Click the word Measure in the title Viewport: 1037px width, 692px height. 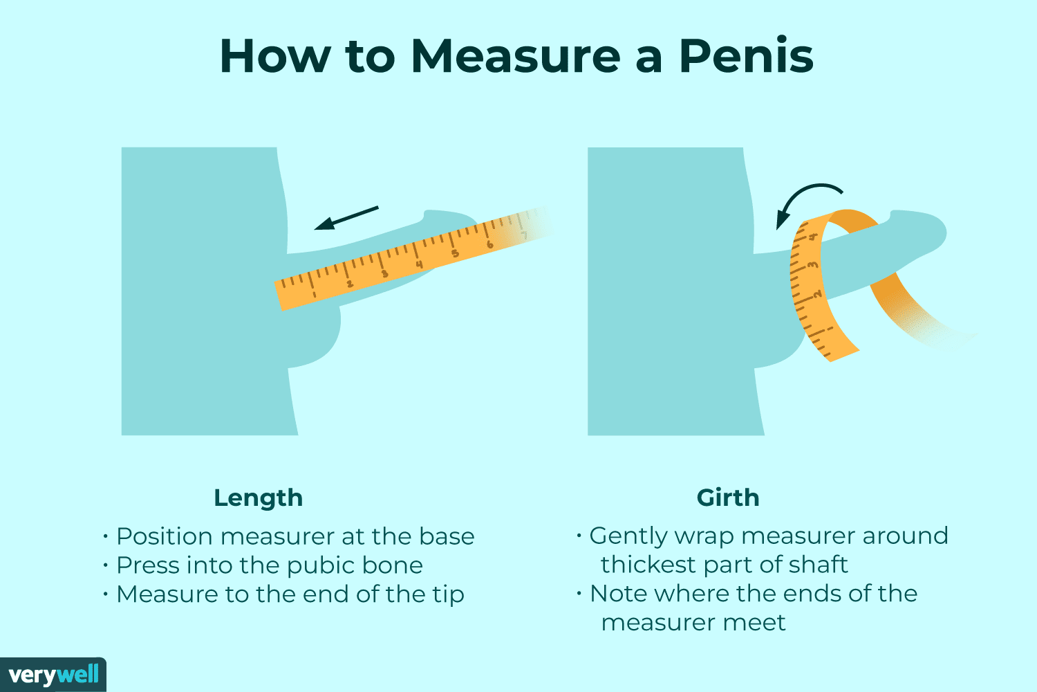point(515,55)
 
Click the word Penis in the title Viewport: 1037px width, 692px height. point(746,55)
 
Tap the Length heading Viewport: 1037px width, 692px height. point(258,498)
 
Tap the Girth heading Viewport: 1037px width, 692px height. point(727,498)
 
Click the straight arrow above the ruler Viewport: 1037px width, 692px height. point(346,217)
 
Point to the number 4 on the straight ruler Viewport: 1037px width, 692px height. point(419,264)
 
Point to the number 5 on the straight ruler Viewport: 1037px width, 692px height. point(455,253)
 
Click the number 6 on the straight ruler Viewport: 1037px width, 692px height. point(489,244)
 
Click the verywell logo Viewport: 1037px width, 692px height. point(53,675)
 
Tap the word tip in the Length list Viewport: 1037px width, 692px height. point(449,594)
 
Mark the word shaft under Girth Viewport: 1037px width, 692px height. point(818,565)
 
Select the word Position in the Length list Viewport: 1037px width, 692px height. point(164,536)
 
